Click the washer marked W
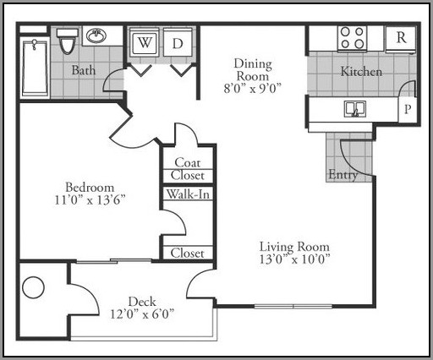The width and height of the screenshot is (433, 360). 144,41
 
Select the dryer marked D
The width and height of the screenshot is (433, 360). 178,42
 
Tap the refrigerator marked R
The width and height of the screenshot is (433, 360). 401,40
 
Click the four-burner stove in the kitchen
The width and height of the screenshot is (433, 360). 352,39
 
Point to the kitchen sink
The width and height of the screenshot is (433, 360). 355,109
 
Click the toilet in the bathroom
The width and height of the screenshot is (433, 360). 68,41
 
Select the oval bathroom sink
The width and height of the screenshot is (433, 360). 96,35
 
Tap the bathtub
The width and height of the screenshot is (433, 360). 35,68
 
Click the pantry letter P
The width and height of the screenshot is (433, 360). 408,108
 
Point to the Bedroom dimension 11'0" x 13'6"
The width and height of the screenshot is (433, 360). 90,200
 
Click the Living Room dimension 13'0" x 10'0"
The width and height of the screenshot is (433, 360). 294,259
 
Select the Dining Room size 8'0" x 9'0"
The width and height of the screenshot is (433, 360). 253,89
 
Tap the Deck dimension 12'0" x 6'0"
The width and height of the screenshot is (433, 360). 142,314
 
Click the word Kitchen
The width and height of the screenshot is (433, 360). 361,71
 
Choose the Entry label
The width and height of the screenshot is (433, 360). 343,175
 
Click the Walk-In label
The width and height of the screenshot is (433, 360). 188,194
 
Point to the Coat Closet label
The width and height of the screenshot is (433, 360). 188,169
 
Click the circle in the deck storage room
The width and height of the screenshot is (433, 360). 33,287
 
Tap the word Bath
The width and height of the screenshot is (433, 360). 84,70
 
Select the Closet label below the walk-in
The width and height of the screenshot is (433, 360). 187,253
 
